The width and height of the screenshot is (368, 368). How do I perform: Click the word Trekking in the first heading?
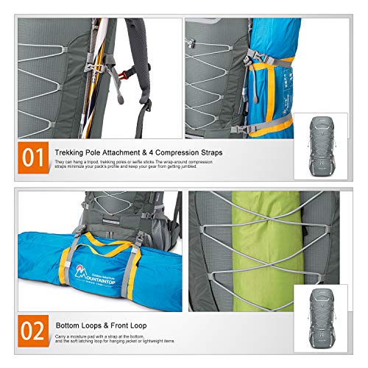tap(71, 152)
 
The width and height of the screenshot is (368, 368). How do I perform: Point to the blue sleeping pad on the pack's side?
tap(276, 74)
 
